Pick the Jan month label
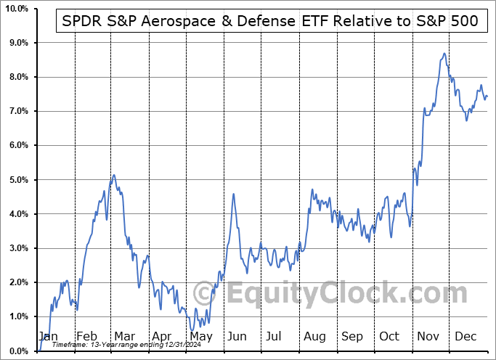click(47, 336)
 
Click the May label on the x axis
click(200, 336)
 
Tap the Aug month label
click(314, 336)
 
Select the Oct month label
click(390, 336)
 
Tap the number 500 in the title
click(463, 22)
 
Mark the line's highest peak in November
click(443, 54)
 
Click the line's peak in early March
click(113, 175)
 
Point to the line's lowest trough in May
click(192, 331)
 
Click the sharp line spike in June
click(233, 194)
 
